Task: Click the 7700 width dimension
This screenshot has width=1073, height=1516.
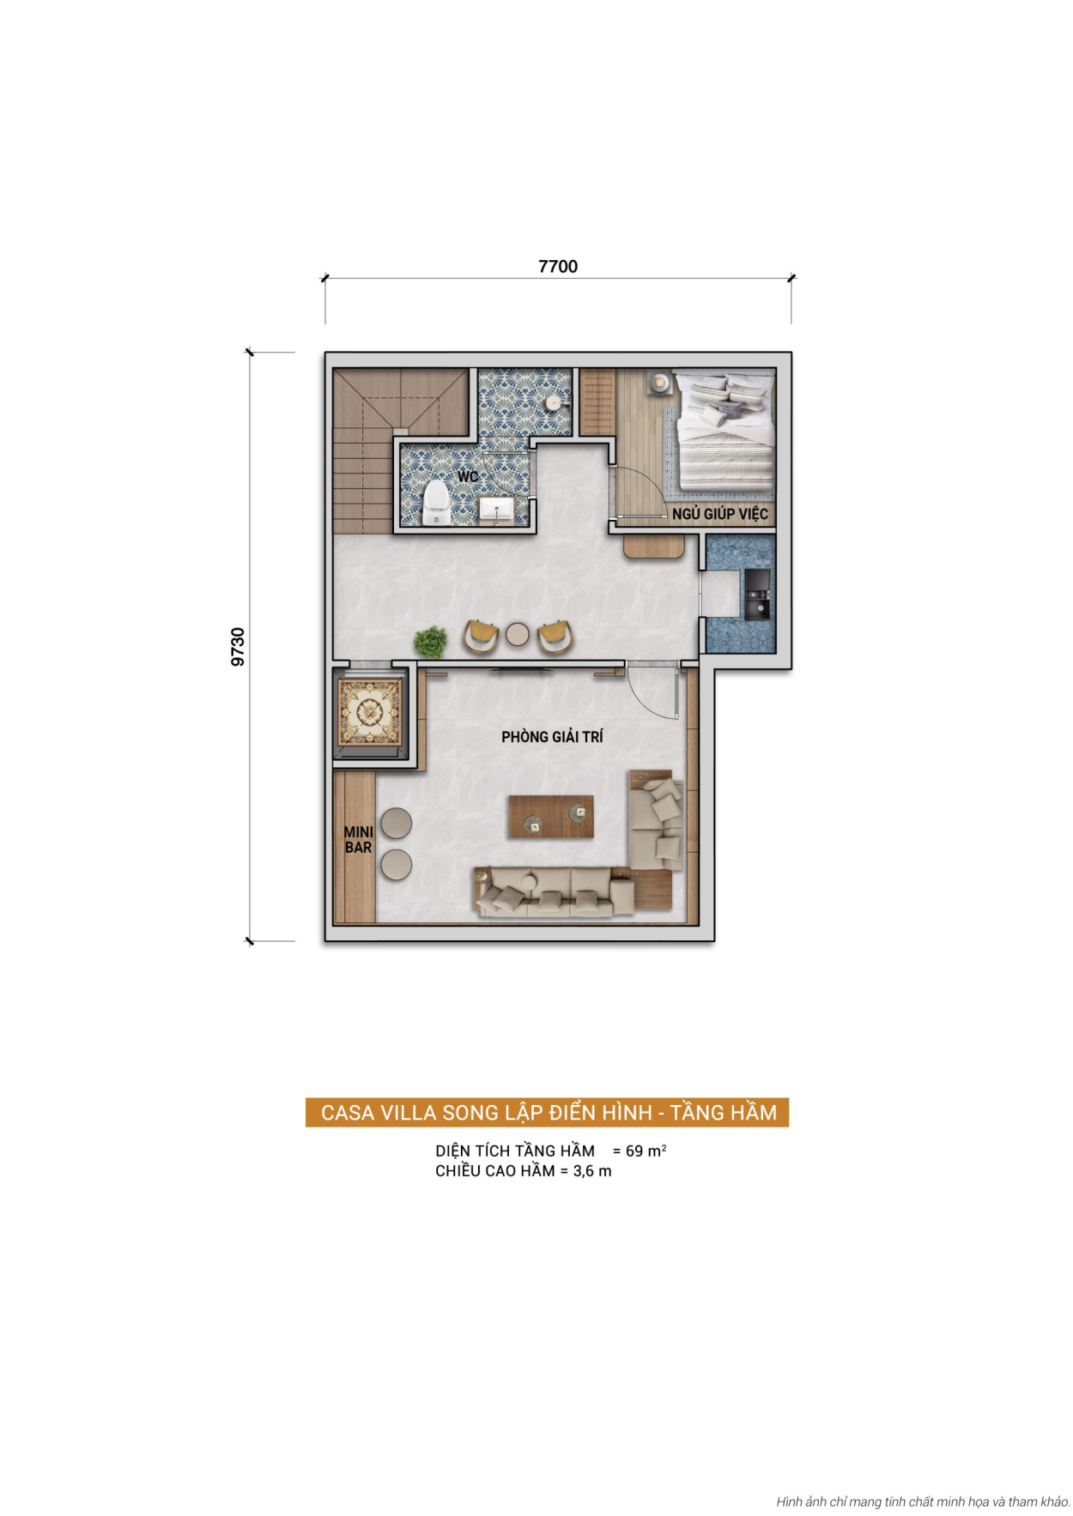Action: click(557, 266)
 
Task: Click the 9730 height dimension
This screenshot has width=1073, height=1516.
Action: click(238, 646)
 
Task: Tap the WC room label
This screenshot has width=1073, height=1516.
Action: click(468, 477)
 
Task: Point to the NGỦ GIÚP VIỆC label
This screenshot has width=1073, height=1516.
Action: click(719, 514)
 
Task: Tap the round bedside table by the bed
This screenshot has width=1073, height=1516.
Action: click(659, 384)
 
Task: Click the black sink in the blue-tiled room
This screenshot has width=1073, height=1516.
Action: click(757, 595)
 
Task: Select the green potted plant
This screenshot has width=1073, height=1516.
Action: click(430, 641)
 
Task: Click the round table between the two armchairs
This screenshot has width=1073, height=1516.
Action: click(518, 634)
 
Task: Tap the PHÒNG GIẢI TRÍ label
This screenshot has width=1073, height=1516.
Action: click(552, 737)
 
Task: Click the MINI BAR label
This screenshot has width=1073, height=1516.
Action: click(358, 840)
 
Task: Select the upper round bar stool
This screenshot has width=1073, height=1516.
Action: click(396, 823)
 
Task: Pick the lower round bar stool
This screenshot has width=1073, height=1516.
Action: click(396, 865)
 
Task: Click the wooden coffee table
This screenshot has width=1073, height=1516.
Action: click(550, 816)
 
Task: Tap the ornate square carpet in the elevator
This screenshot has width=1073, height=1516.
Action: click(370, 711)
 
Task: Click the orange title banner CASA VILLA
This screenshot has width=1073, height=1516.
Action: click(548, 1113)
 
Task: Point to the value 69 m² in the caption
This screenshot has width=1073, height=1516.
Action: click(645, 1151)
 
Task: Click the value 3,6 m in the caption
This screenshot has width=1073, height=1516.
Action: click(592, 1171)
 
